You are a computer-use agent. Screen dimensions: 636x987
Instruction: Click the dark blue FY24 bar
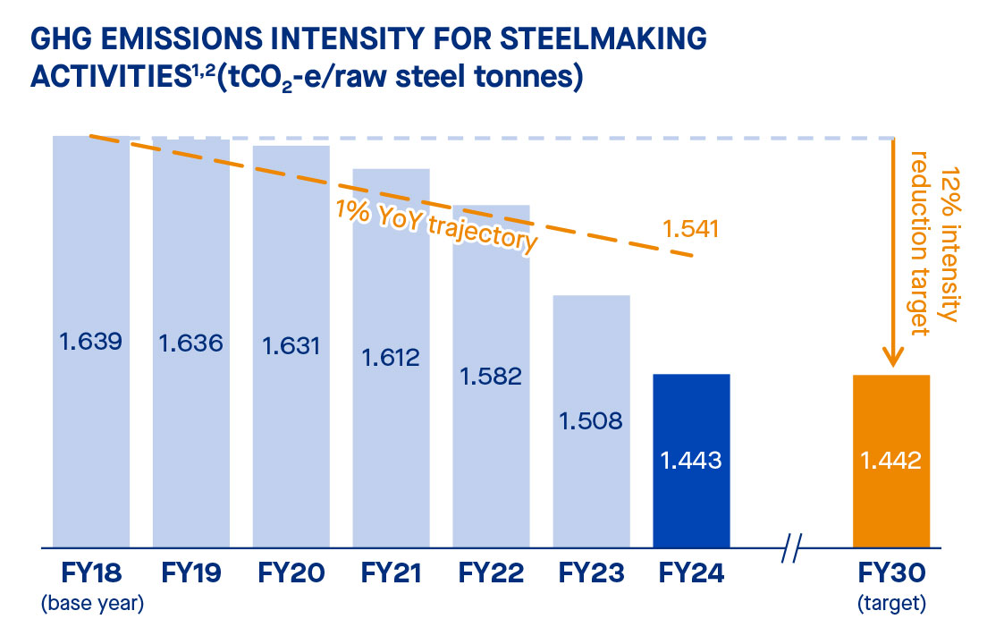tap(691, 460)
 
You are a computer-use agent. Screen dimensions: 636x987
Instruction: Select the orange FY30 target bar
tap(891, 460)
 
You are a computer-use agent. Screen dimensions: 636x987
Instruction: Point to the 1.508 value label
tap(591, 420)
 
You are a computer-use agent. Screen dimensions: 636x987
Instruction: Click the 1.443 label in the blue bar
tap(691, 461)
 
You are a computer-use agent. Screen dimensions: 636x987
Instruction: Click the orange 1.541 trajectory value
tap(691, 229)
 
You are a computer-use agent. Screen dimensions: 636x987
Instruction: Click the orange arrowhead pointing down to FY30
tap(891, 359)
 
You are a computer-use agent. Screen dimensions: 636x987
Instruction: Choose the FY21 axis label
tap(392, 573)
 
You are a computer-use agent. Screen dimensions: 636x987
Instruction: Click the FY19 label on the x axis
tap(190, 573)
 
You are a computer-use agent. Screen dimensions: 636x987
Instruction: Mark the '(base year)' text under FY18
tap(92, 604)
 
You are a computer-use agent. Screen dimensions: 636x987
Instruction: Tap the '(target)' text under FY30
tap(891, 604)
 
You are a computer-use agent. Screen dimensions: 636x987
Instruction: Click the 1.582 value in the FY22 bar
tap(492, 376)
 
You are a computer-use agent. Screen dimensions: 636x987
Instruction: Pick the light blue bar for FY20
tap(291, 345)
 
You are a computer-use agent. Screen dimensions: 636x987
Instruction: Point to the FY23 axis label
tap(591, 573)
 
